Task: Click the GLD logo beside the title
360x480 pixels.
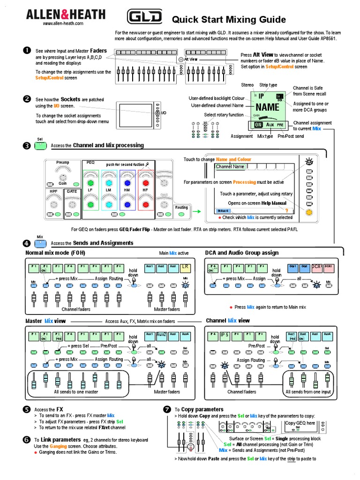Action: (145, 18)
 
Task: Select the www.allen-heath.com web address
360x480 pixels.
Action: (63, 23)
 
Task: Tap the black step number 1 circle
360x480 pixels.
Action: (27, 50)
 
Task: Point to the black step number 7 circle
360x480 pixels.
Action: (166, 409)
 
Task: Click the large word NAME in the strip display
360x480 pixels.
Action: (267, 108)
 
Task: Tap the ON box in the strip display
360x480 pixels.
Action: (258, 125)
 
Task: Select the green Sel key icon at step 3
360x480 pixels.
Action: (41, 146)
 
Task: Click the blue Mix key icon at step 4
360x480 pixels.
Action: (41, 243)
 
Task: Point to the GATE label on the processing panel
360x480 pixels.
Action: (71, 192)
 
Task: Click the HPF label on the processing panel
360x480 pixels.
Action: (53, 192)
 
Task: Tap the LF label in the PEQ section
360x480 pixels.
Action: (90, 190)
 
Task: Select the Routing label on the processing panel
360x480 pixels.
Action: (181, 207)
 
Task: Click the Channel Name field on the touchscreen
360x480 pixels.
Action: (230, 166)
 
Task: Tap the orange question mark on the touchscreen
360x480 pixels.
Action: (286, 211)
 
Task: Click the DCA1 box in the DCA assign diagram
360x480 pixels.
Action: (316, 266)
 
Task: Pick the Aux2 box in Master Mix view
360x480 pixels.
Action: (162, 335)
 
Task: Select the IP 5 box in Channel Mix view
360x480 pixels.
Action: (224, 335)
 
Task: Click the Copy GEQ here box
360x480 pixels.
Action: (300, 423)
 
